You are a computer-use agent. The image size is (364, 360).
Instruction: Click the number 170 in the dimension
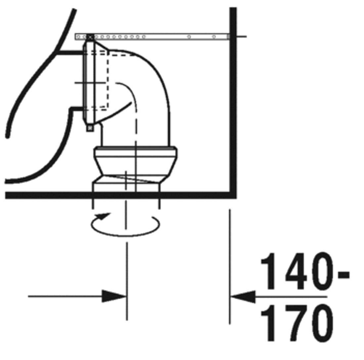(x=296, y=323)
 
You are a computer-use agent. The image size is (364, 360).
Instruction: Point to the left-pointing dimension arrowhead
(x=243, y=296)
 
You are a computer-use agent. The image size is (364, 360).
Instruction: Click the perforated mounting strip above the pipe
(x=152, y=36)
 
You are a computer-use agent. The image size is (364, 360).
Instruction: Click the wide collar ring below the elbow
(x=136, y=152)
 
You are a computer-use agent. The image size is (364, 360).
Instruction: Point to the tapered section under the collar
(x=136, y=167)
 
